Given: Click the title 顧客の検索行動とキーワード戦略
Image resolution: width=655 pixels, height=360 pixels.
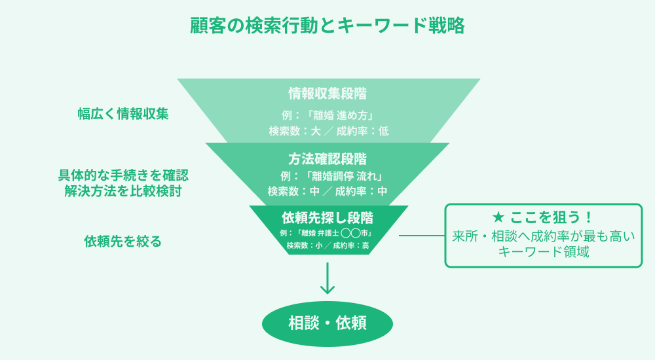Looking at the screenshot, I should click(x=327, y=26).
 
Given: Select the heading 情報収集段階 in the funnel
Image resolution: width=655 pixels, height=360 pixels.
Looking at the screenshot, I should click(x=328, y=93).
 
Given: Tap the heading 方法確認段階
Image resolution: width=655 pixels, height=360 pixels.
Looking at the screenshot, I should click(x=327, y=159).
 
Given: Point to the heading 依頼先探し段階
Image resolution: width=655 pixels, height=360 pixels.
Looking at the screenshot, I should click(x=327, y=217).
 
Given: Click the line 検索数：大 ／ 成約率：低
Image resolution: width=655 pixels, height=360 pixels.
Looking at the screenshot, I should click(x=328, y=131).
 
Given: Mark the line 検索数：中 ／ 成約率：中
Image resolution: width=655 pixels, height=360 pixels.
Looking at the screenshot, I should click(x=327, y=192).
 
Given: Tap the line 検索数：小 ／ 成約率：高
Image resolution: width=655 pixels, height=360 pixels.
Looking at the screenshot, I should click(x=327, y=246).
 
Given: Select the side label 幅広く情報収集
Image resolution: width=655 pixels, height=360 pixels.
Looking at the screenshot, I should click(x=123, y=113).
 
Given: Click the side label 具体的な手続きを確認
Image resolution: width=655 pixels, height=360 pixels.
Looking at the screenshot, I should click(x=123, y=175).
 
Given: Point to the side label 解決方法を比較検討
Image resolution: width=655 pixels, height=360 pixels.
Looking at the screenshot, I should click(x=123, y=191).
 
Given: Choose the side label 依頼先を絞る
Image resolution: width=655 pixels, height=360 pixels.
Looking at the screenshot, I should click(x=123, y=241).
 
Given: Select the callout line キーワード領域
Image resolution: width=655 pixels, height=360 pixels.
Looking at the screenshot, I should click(x=544, y=251).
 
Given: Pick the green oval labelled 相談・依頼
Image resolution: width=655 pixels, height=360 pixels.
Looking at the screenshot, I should click(x=327, y=323).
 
